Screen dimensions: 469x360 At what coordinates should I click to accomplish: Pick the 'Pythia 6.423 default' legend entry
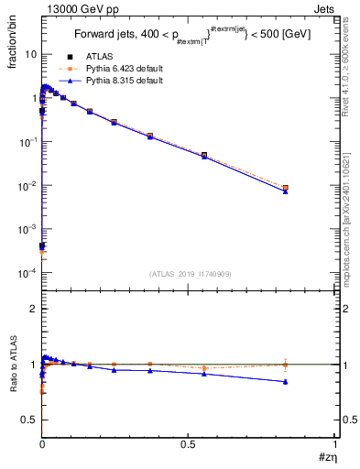(117, 69)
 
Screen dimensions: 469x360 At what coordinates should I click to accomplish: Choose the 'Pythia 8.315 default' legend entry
(117, 81)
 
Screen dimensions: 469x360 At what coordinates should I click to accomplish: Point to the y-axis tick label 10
(29, 54)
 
